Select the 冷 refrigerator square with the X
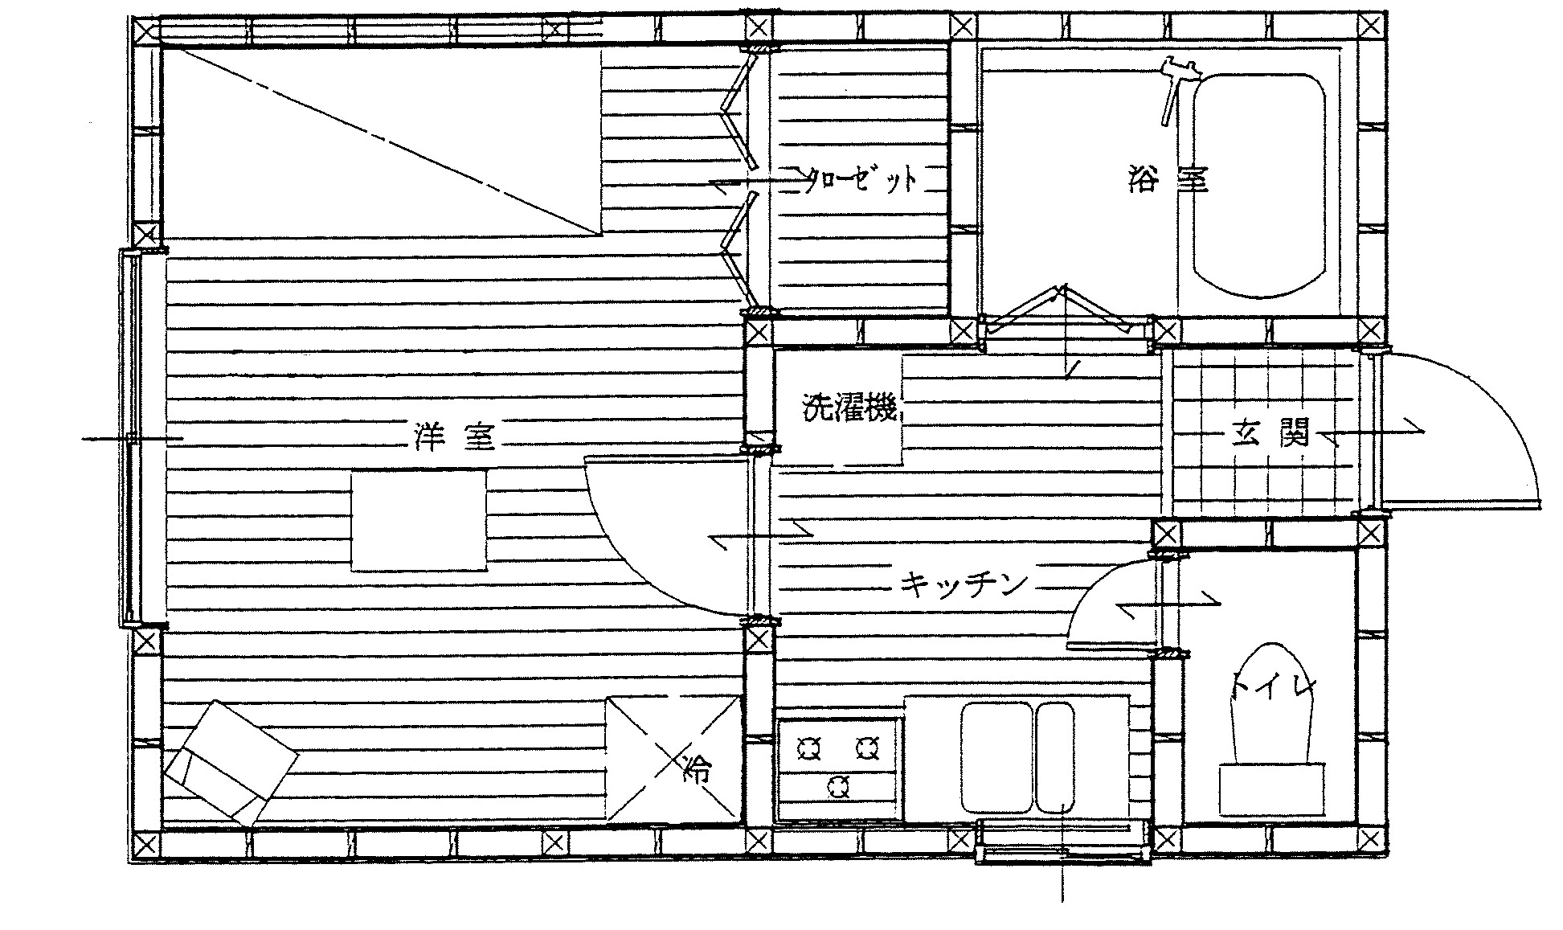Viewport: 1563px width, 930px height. [x=673, y=759]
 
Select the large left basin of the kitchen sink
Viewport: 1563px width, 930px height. [x=996, y=758]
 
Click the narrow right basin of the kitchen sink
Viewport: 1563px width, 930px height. [x=1055, y=758]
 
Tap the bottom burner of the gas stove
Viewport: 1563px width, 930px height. [x=838, y=786]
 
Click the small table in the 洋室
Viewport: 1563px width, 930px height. [x=419, y=521]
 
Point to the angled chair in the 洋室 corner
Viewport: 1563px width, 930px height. [x=231, y=763]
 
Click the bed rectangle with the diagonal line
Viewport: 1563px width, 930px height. [x=382, y=141]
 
